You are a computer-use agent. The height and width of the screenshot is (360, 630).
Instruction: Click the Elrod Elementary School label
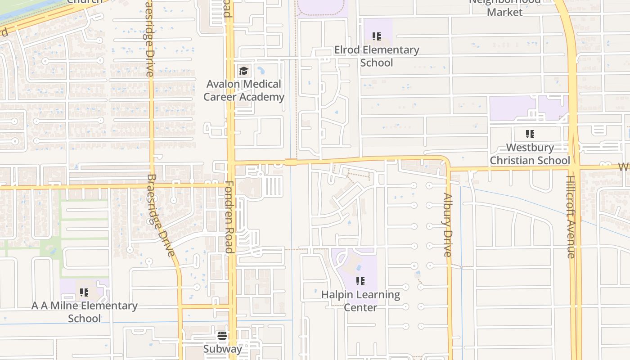pos(377,56)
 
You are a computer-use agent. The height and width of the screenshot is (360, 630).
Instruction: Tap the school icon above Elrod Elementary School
pos(377,36)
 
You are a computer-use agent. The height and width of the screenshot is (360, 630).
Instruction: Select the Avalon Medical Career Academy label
pos(244,90)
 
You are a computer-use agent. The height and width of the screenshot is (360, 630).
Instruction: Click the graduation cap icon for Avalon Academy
pos(243,71)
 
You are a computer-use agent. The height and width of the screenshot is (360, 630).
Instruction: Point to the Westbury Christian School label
pos(530,154)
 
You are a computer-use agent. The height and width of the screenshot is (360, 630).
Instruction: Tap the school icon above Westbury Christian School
pos(530,134)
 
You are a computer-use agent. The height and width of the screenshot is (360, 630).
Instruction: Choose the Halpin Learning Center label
pos(360,301)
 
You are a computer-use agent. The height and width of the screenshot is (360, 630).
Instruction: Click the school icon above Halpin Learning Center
pos(360,281)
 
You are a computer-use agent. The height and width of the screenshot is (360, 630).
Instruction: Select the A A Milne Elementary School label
pos(85,312)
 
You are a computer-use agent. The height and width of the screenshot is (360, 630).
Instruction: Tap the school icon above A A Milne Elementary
pos(84,292)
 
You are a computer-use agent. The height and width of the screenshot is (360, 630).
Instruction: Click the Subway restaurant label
pos(222,349)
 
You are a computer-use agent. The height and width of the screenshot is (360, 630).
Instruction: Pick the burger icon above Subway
pos(222,336)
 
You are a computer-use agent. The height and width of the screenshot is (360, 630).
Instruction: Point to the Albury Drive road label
pos(447,225)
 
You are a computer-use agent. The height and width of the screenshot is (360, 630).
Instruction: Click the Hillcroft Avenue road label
pos(571,223)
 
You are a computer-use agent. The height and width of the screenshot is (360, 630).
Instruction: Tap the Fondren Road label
pos(229,217)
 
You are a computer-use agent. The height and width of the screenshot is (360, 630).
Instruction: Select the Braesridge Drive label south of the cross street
pos(160,215)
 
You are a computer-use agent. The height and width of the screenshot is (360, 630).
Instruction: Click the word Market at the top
pos(504,12)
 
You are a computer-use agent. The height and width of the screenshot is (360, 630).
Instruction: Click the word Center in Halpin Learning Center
pos(360,308)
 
